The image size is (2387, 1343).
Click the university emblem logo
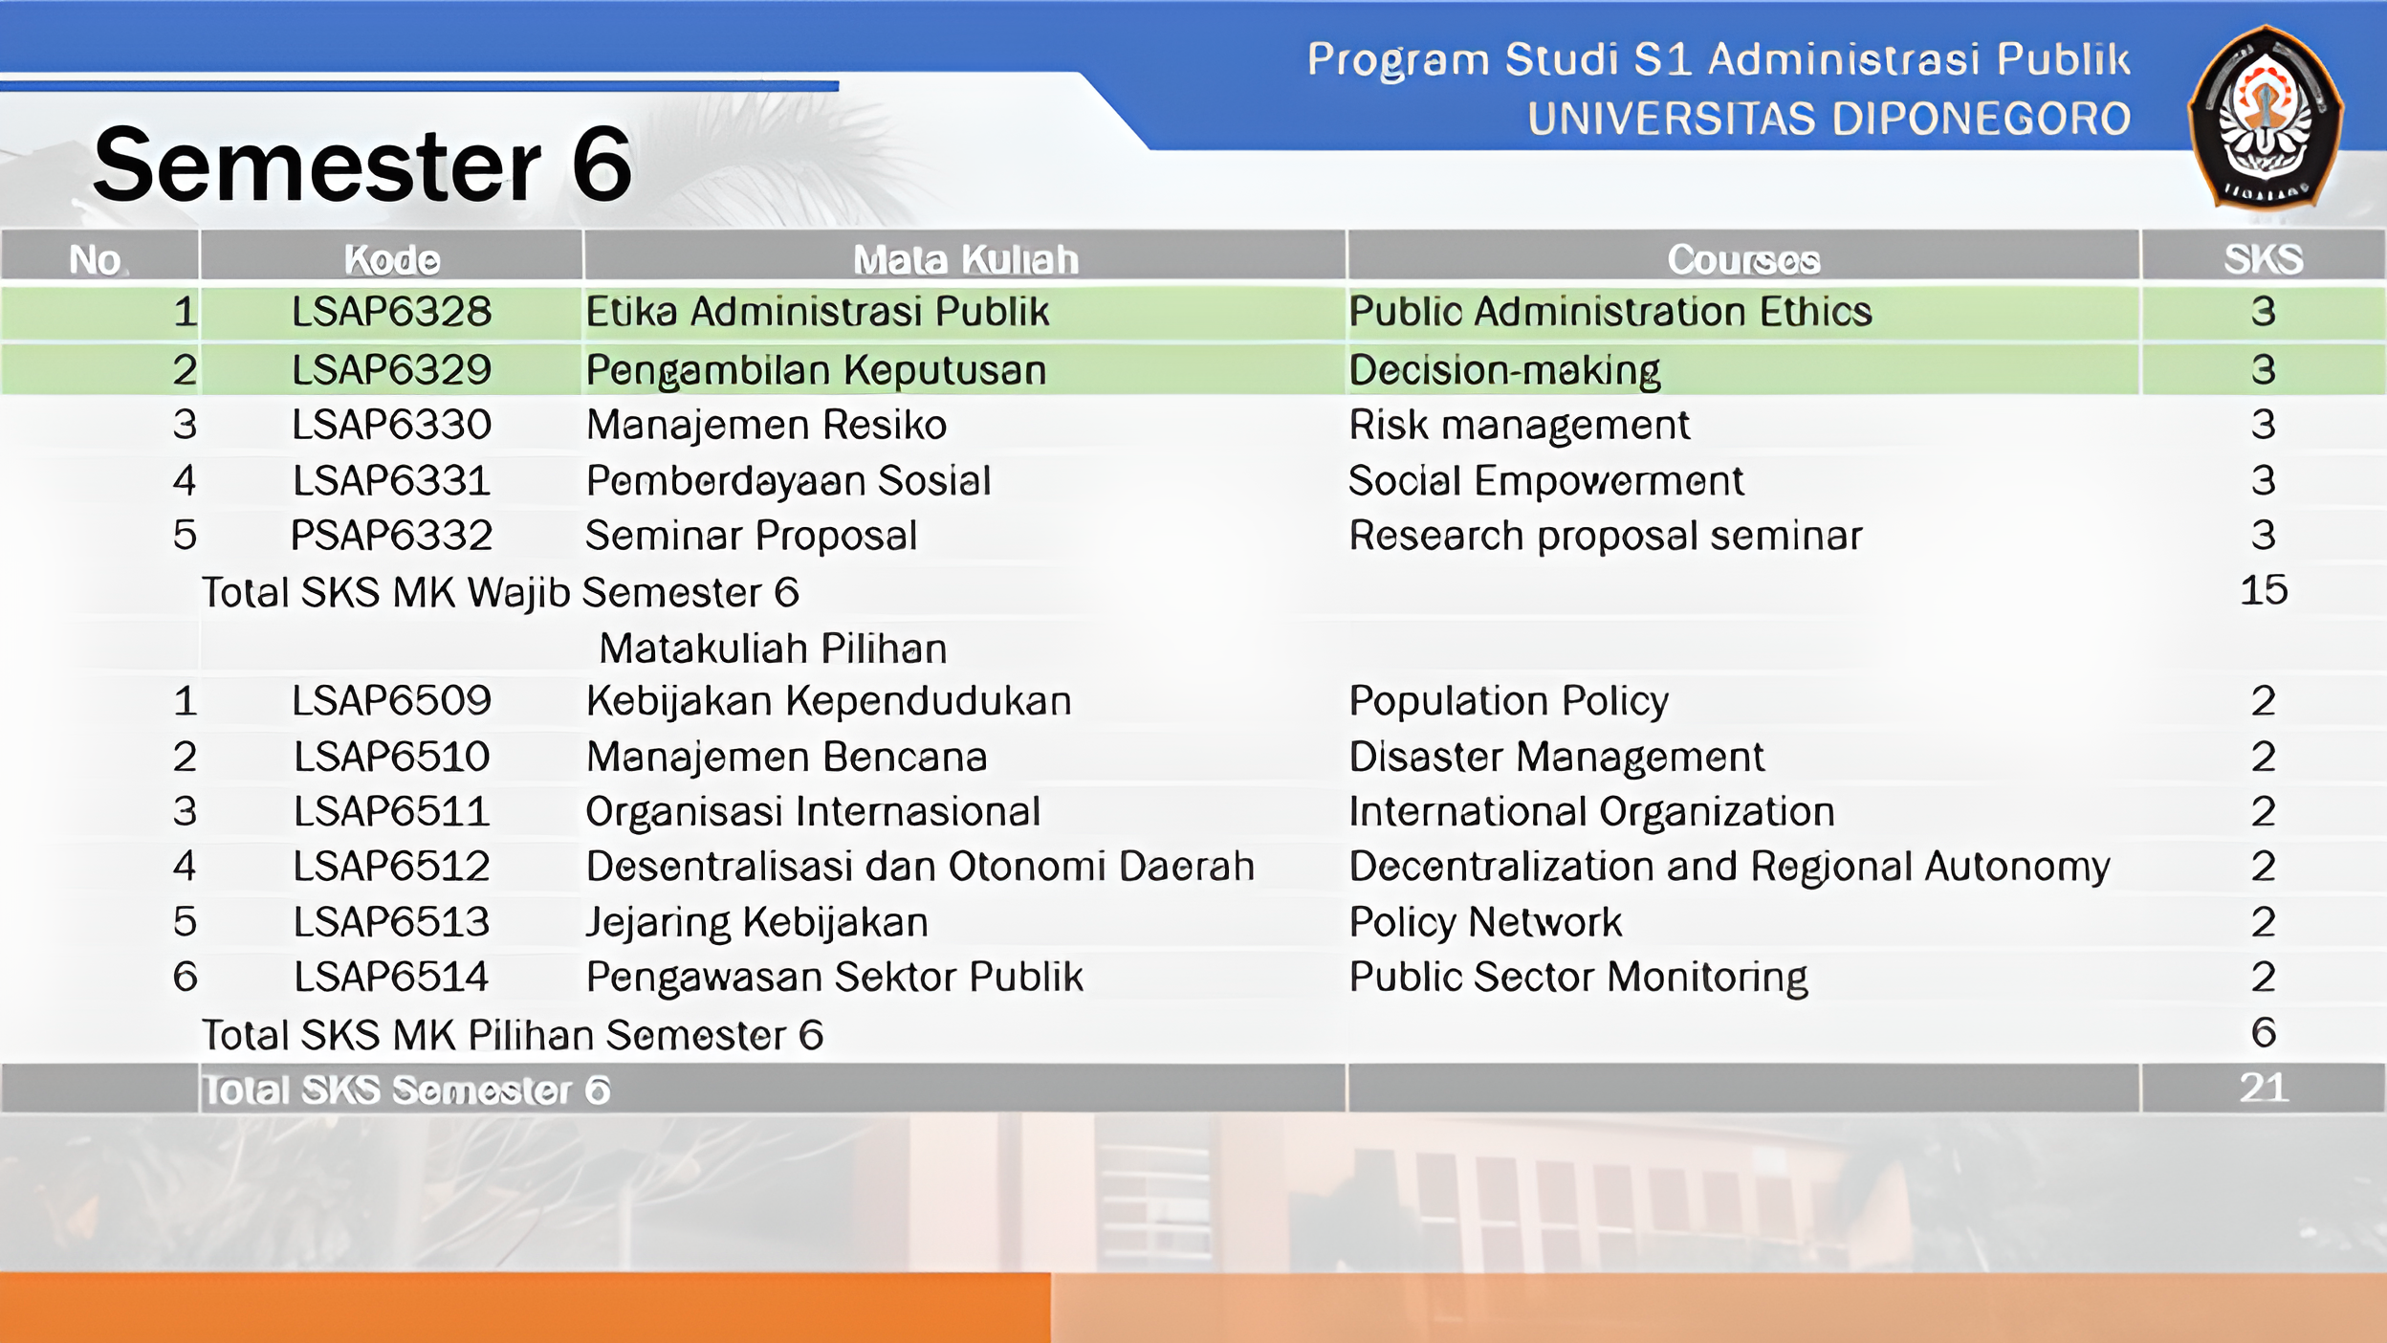coord(2265,118)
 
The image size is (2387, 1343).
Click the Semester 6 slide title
coord(363,165)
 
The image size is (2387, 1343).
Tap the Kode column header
coord(392,259)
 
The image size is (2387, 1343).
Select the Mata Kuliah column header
coord(966,259)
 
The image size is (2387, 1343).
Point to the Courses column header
coord(1743,259)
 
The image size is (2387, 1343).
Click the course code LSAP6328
coord(392,312)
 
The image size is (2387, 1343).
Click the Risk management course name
coord(1520,426)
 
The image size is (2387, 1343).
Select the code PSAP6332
coord(392,536)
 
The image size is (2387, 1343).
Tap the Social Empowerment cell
coord(1546,481)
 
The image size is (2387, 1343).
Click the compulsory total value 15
coord(2264,590)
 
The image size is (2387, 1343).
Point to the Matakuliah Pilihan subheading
coord(773,649)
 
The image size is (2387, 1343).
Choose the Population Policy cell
coord(1509,702)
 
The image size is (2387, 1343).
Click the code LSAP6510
coord(392,757)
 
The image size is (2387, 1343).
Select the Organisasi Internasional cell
coord(813,812)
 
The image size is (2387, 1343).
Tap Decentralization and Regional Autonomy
coord(1730,868)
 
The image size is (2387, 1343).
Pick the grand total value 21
coord(2264,1088)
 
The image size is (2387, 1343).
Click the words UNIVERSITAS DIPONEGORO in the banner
coord(1829,119)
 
